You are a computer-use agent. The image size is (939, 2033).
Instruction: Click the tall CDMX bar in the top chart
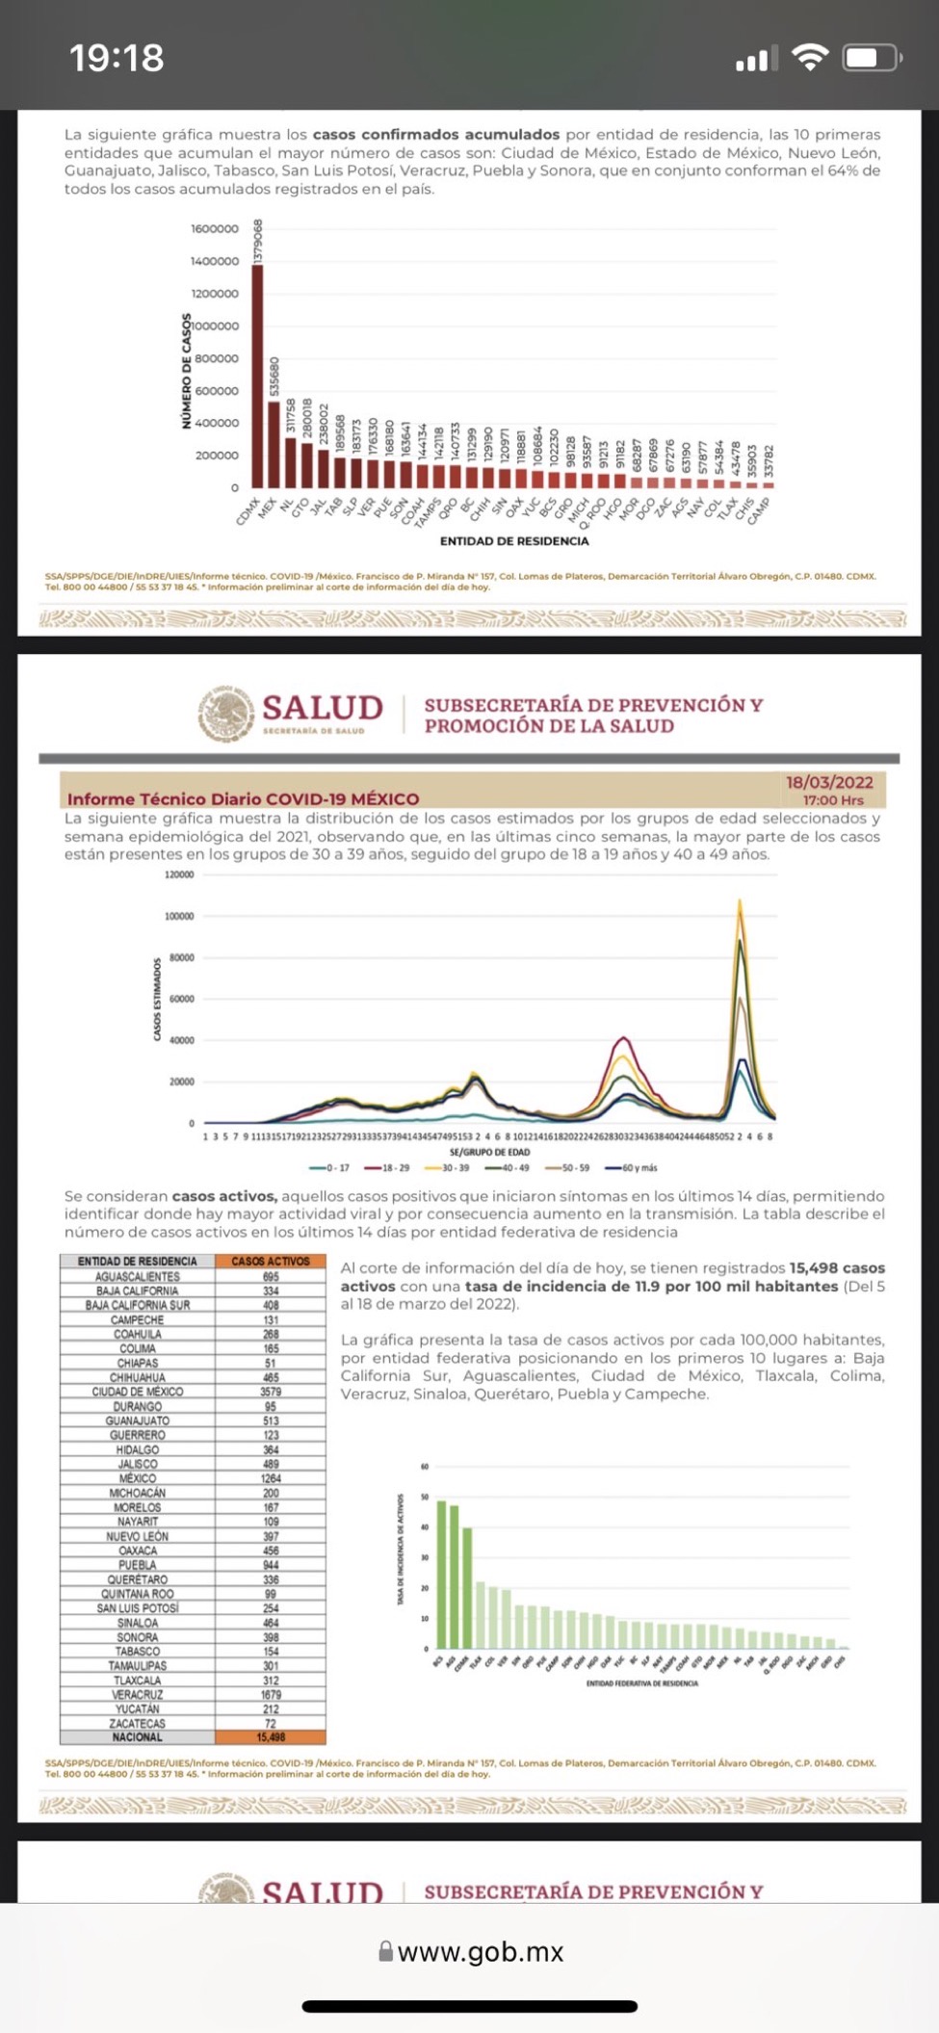point(257,376)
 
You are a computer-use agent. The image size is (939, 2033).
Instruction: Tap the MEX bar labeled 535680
point(274,444)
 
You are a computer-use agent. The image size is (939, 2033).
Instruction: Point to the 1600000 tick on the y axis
point(215,229)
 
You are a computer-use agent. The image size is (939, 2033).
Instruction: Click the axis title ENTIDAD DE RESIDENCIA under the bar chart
point(513,541)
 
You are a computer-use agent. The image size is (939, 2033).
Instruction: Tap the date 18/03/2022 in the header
point(829,782)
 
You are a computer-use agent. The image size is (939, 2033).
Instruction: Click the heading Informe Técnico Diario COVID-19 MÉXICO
point(243,798)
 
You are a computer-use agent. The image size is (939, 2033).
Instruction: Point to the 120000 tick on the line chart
point(179,874)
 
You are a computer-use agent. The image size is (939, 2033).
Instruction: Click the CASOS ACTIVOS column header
point(271,1261)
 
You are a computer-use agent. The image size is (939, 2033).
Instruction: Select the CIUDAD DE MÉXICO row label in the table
point(138,1392)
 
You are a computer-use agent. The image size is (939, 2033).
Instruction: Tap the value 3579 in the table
point(271,1392)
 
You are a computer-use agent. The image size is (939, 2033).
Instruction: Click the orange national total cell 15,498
point(271,1737)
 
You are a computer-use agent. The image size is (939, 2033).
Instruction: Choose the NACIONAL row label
point(138,1737)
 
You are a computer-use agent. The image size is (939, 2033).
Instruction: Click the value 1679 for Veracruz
point(271,1694)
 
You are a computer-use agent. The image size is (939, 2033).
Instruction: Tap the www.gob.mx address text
point(480,1951)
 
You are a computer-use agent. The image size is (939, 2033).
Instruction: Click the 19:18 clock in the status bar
point(117,58)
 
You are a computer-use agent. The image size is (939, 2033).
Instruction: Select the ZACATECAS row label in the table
point(138,1723)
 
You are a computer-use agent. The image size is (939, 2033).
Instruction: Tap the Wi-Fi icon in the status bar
point(810,59)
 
